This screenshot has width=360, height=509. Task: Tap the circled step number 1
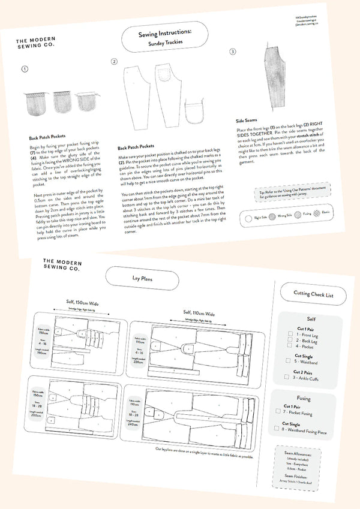[x=25, y=69]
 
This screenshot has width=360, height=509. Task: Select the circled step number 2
[x=114, y=62]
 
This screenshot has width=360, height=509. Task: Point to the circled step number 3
[x=233, y=52]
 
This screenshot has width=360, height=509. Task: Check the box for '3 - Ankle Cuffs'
[x=287, y=378]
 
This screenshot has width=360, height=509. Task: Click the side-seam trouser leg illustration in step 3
[x=272, y=78]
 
